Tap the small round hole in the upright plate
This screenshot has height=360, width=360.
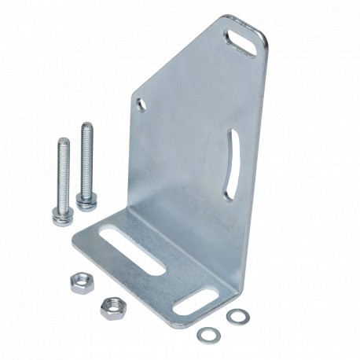(141, 101)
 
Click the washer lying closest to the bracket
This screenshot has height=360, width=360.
(234, 316)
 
